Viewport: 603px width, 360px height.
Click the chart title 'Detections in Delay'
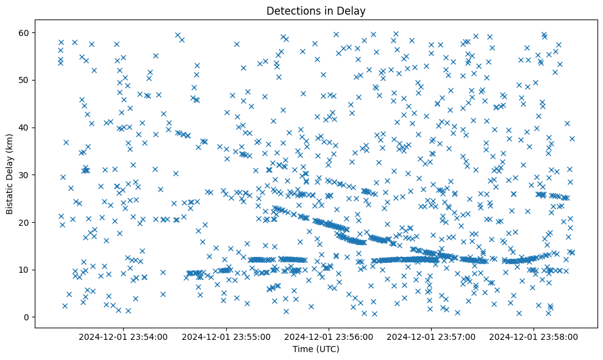[316, 10]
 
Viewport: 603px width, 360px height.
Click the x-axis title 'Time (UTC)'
[316, 349]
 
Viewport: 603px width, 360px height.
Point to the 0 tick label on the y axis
[26, 317]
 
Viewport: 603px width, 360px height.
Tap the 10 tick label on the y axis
[24, 270]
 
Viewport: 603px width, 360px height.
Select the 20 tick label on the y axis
[24, 222]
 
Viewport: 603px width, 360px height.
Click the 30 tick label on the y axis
[24, 175]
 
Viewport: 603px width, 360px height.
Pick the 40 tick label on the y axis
[24, 128]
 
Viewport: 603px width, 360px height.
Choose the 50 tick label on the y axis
[24, 80]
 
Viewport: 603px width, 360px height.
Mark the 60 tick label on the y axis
[24, 32]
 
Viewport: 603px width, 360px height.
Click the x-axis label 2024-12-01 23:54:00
[124, 336]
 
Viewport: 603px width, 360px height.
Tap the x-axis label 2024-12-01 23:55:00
[226, 336]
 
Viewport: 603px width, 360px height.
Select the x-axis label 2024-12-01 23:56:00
[329, 336]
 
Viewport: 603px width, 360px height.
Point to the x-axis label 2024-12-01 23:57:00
[432, 336]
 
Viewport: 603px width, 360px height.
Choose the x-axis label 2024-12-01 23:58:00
[534, 336]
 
